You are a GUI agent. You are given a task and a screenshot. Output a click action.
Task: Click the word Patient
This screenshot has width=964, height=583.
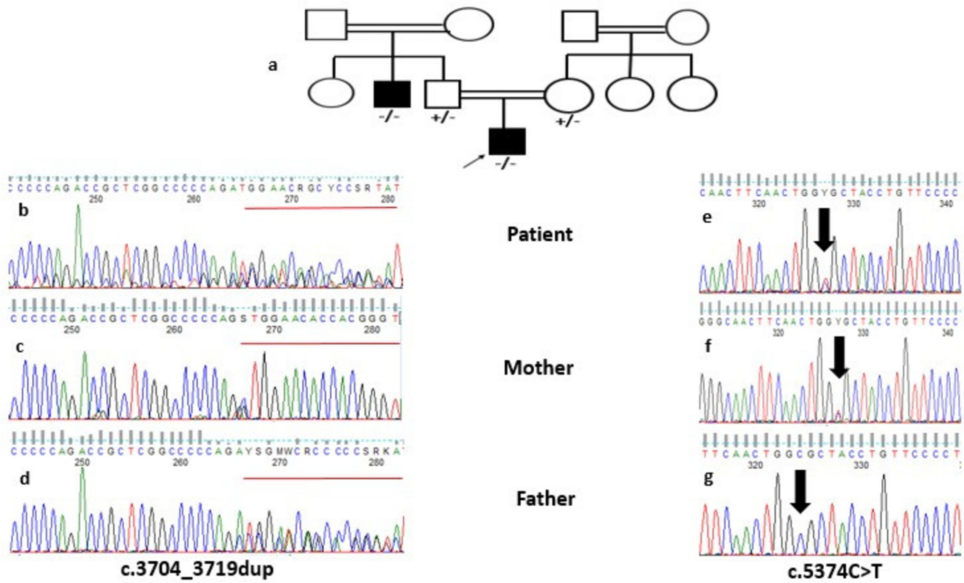click(x=540, y=234)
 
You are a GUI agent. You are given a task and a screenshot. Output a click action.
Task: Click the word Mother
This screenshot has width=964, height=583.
click(x=538, y=368)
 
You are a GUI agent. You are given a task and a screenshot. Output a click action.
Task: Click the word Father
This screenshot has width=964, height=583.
click(x=546, y=499)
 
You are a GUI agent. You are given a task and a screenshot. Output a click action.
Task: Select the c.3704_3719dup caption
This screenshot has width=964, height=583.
click(x=197, y=569)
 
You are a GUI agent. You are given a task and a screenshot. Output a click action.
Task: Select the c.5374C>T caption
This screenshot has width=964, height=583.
click(x=835, y=572)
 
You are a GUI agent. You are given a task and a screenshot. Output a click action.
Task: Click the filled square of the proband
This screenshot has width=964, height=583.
click(x=507, y=141)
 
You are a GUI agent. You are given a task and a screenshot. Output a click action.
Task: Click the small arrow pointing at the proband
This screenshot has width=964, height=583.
click(x=473, y=161)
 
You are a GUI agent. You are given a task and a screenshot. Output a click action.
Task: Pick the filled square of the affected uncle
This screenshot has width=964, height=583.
click(x=392, y=94)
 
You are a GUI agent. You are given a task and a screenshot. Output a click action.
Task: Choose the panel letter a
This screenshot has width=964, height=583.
click(x=273, y=65)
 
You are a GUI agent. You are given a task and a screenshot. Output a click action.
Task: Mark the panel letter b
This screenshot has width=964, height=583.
click(x=24, y=210)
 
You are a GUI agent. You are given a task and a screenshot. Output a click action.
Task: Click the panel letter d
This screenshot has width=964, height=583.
click(x=25, y=479)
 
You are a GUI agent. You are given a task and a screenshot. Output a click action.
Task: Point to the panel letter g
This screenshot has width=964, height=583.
click(x=709, y=478)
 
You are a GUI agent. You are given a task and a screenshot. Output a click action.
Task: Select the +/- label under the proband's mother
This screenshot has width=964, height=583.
click(x=568, y=121)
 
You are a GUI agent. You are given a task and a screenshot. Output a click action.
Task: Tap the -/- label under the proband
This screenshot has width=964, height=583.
click(x=506, y=164)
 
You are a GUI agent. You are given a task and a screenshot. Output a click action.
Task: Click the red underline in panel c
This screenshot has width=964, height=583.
click(x=320, y=343)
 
